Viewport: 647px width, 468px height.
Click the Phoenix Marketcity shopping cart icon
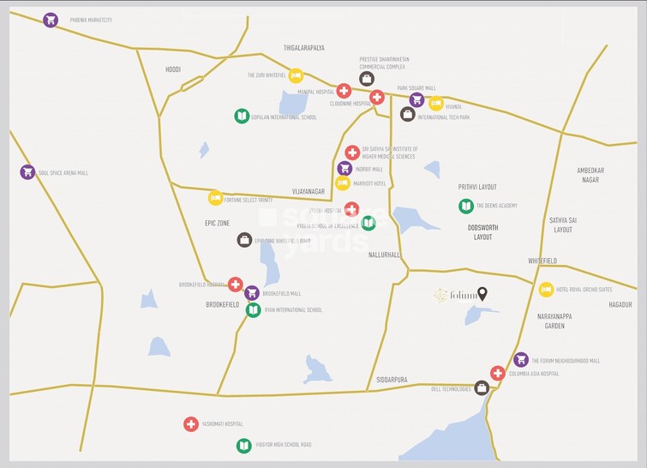pos(51,20)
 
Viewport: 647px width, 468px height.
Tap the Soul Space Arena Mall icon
pos(27,172)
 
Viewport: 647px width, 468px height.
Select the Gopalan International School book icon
pos(242,117)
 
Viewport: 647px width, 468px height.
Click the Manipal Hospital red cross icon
pos(344,90)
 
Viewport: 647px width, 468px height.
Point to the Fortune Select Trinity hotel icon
pos(216,198)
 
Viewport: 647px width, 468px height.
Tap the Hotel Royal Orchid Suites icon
pos(546,290)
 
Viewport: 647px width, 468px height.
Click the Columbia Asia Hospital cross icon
pos(498,373)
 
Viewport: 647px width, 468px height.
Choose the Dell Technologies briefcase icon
pos(482,388)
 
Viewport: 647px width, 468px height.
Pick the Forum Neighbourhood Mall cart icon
pos(520,360)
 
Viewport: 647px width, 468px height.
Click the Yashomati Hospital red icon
pos(191,423)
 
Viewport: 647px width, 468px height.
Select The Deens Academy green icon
pos(466,206)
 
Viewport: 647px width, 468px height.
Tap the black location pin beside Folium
pos(482,294)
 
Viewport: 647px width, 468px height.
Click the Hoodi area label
pos(173,69)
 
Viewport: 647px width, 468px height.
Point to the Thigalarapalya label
pos(304,48)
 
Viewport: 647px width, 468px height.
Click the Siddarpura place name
pos(392,379)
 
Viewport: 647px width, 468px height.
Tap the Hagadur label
pos(620,304)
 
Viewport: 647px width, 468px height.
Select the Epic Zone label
pos(217,223)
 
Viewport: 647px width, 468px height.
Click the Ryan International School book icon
pos(253,309)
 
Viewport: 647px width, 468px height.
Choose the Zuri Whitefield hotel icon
pos(296,75)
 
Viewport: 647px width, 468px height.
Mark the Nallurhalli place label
pos(384,255)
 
